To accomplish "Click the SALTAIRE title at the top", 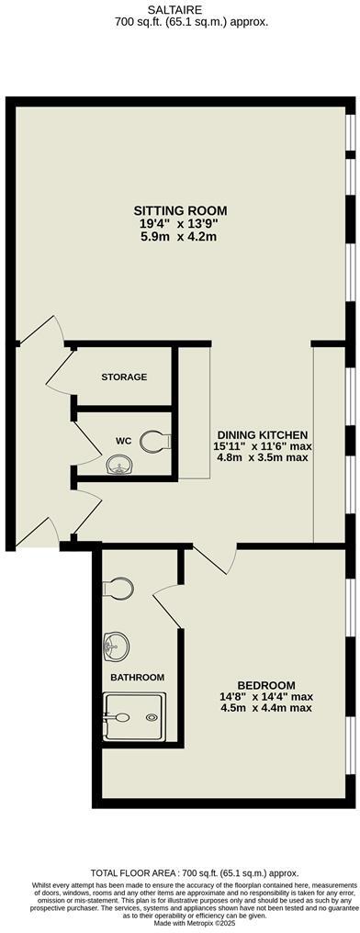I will (x=180, y=6).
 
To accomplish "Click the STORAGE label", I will (x=124, y=377).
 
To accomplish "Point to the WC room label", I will (x=123, y=441).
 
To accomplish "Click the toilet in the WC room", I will (x=162, y=441).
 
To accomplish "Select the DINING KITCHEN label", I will (x=262, y=434).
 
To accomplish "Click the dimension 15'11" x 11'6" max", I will (x=262, y=446).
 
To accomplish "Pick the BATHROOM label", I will (x=138, y=678).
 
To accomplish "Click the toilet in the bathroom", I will (x=117, y=586).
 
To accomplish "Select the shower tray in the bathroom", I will (x=134, y=715).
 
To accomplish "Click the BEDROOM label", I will (x=265, y=685).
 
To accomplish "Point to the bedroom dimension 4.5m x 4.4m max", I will (x=265, y=708).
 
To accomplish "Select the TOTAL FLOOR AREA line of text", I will (x=180, y=872).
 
